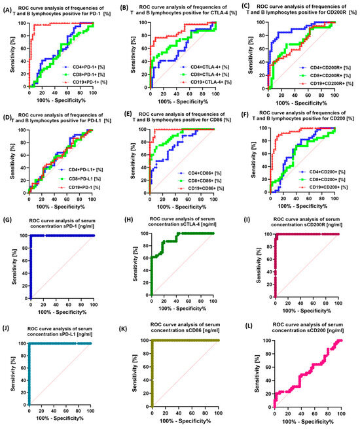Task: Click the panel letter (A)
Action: [9, 7]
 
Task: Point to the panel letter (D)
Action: [8, 120]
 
